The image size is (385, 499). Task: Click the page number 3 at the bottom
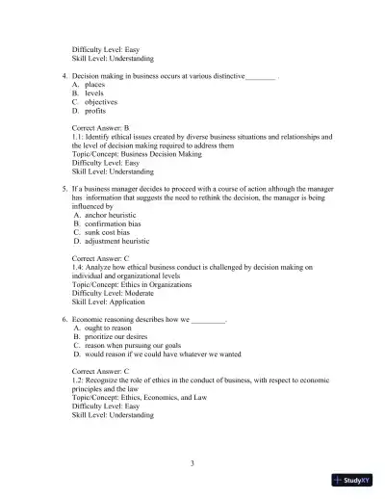click(192, 463)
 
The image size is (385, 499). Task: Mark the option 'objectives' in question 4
click(101, 101)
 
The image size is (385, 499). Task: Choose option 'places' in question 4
click(94, 84)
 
